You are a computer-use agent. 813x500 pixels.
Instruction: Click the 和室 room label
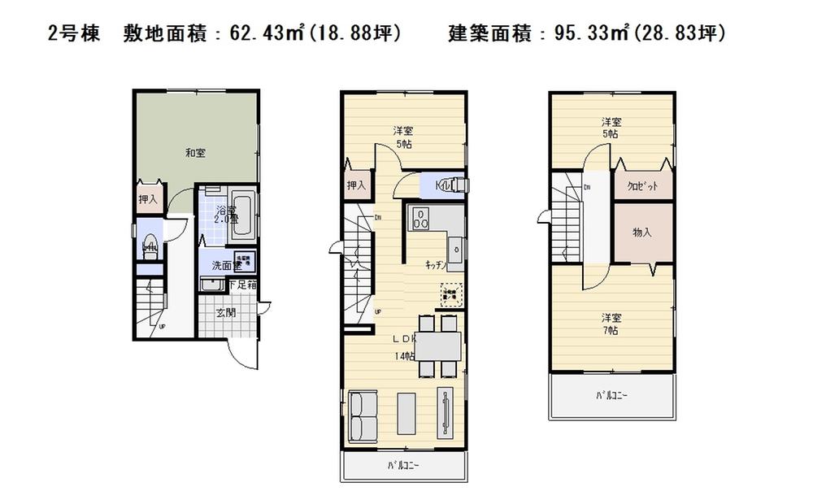point(193,151)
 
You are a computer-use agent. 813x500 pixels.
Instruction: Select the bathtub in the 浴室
point(241,216)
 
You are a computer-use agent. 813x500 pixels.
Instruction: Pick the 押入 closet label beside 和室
point(148,198)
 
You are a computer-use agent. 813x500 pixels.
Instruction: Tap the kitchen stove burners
point(422,218)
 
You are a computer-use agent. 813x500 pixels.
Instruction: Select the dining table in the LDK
point(437,346)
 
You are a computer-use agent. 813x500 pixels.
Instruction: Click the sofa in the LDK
point(363,415)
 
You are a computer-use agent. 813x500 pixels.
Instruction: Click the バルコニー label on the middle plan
point(404,467)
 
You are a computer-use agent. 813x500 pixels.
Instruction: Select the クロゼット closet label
point(642,185)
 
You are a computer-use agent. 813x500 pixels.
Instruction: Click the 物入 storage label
point(642,233)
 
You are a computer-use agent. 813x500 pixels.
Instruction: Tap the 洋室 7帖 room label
point(611,324)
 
